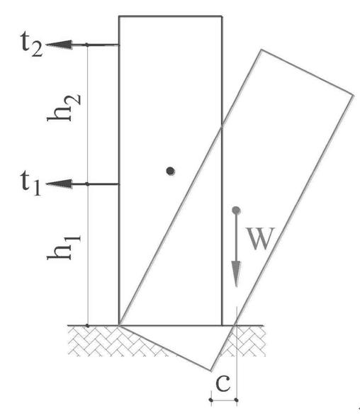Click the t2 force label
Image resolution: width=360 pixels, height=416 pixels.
tap(32, 45)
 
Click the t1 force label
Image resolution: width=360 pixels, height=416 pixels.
tap(31, 183)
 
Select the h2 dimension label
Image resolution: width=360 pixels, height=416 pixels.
tap(63, 108)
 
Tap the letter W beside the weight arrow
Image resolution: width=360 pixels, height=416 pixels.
tap(260, 238)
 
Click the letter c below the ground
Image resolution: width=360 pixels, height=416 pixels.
tap(223, 383)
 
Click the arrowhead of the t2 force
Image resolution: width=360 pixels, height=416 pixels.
tap(59, 45)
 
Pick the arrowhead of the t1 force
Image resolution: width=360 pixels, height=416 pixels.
tap(59, 184)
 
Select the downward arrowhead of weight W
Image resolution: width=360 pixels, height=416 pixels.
tap(236, 274)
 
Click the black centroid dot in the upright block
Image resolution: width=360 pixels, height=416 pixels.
tap(170, 171)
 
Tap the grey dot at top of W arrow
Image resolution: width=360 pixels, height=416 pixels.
tap(236, 210)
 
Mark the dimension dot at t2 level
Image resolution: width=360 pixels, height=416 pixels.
tap(87, 45)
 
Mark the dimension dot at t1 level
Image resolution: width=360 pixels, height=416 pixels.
tap(87, 184)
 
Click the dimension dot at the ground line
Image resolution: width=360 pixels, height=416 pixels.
tap(88, 325)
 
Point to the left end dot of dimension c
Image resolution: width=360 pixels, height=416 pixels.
tap(211, 400)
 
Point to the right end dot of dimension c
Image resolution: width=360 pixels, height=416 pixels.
tap(237, 400)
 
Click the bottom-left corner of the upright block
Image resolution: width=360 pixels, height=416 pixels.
tap(119, 325)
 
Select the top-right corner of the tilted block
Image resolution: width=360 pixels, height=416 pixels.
tap(354, 95)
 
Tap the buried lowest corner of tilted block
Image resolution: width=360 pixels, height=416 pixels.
tap(211, 371)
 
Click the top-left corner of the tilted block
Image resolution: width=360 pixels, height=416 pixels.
tap(261, 50)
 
